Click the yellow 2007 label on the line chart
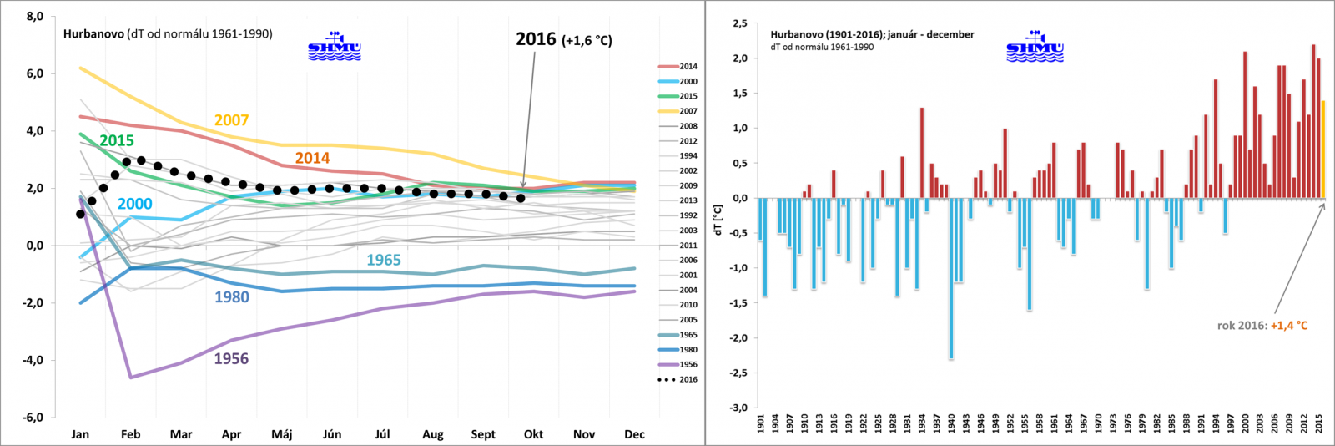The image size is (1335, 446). pyautogui.click(x=231, y=120)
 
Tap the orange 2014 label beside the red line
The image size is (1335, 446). pyautogui.click(x=312, y=158)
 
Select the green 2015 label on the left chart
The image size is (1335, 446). pyautogui.click(x=117, y=141)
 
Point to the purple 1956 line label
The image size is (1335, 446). pyautogui.click(x=231, y=359)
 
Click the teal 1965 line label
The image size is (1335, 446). pyautogui.click(x=384, y=261)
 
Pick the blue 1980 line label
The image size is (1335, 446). pyautogui.click(x=231, y=297)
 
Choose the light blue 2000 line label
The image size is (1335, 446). pyautogui.click(x=134, y=205)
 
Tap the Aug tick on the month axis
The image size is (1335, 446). pyautogui.click(x=433, y=434)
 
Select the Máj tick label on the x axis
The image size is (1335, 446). pyautogui.click(x=282, y=434)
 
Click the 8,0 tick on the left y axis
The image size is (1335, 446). pyautogui.click(x=34, y=16)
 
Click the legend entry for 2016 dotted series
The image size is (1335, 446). pyautogui.click(x=678, y=379)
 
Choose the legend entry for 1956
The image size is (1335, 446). pyautogui.click(x=678, y=364)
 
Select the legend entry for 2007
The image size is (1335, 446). pyautogui.click(x=678, y=111)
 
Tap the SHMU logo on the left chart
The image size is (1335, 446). pyautogui.click(x=335, y=47)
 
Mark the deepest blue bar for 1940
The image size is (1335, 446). pyautogui.click(x=950, y=278)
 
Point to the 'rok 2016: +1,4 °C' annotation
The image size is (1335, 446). pyautogui.click(x=1262, y=326)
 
